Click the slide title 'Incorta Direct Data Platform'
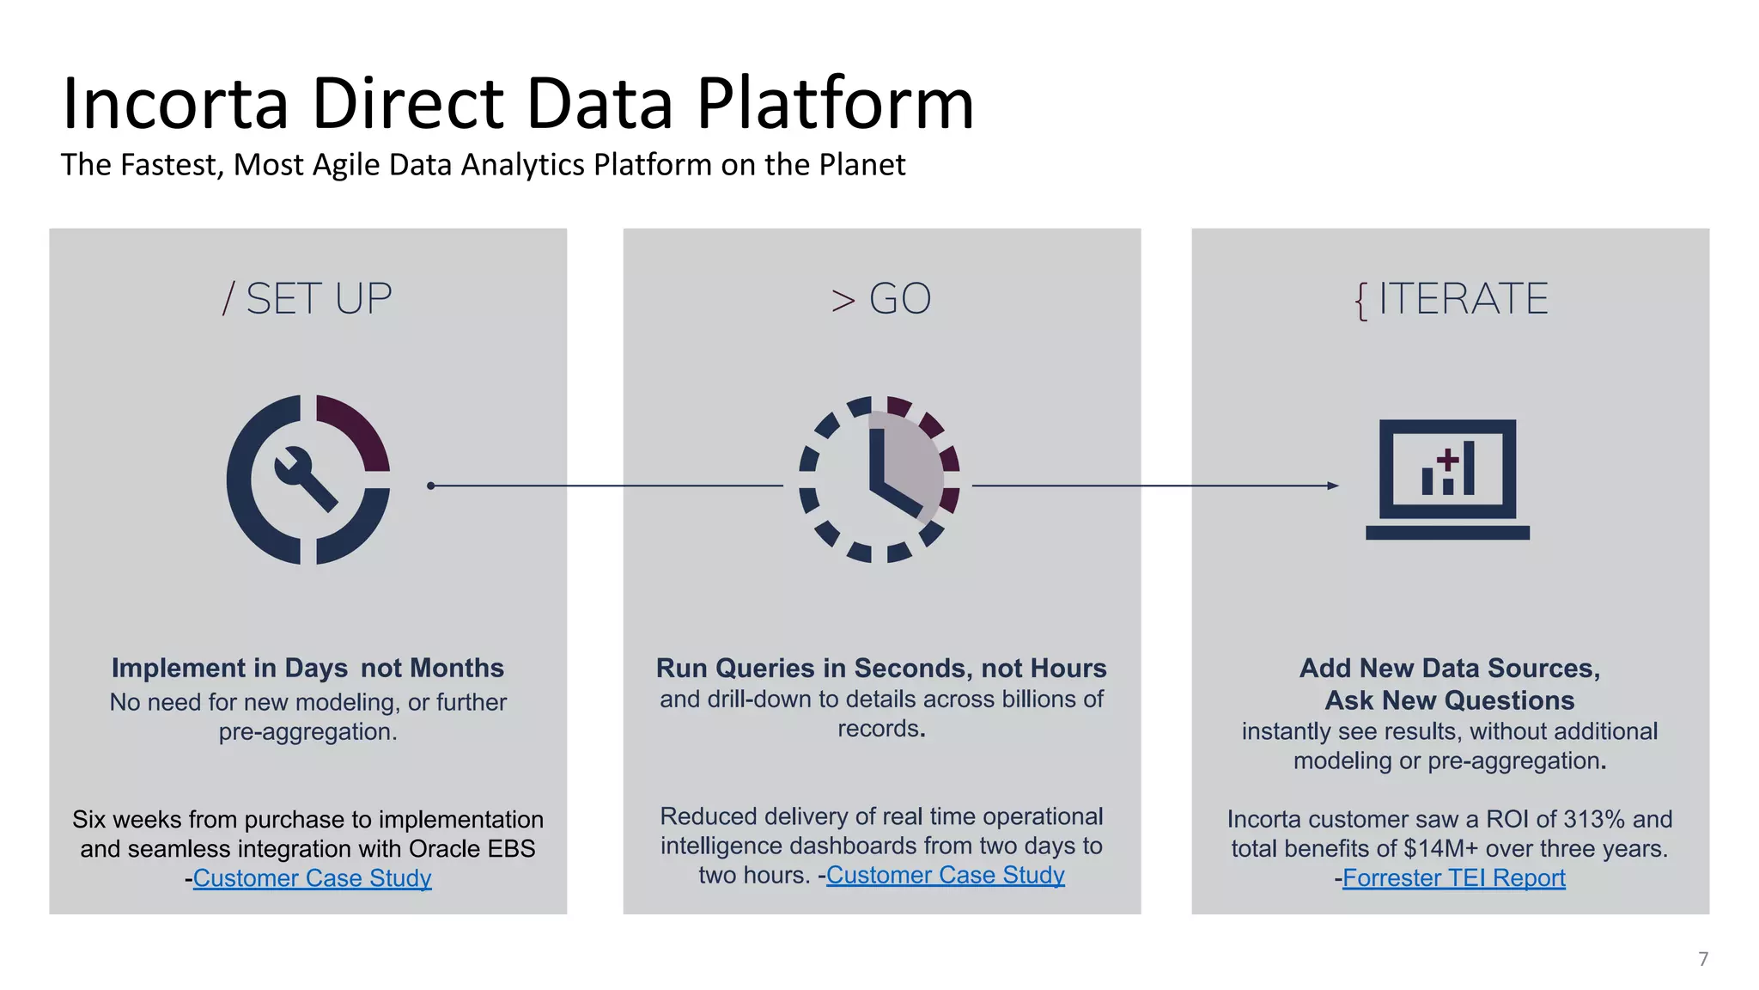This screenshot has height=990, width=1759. [x=518, y=104]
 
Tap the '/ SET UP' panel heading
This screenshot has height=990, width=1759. [x=307, y=299]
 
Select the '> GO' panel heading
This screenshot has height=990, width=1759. [x=881, y=299]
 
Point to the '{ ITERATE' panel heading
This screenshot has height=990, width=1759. [x=1451, y=299]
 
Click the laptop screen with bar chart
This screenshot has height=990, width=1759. [x=1448, y=469]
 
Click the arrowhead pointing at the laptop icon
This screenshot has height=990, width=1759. [x=1333, y=486]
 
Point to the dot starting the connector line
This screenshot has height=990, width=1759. [x=431, y=486]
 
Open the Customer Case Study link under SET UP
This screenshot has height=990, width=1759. [x=312, y=878]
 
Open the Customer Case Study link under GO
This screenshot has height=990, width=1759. [x=945, y=875]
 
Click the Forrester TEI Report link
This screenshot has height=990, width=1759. [x=1453, y=878]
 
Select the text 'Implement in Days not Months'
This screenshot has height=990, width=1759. [x=307, y=668]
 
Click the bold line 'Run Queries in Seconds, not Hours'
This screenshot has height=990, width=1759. [x=881, y=668]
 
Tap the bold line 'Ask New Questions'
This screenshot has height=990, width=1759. [x=1450, y=700]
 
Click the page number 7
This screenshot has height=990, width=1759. [x=1703, y=959]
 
